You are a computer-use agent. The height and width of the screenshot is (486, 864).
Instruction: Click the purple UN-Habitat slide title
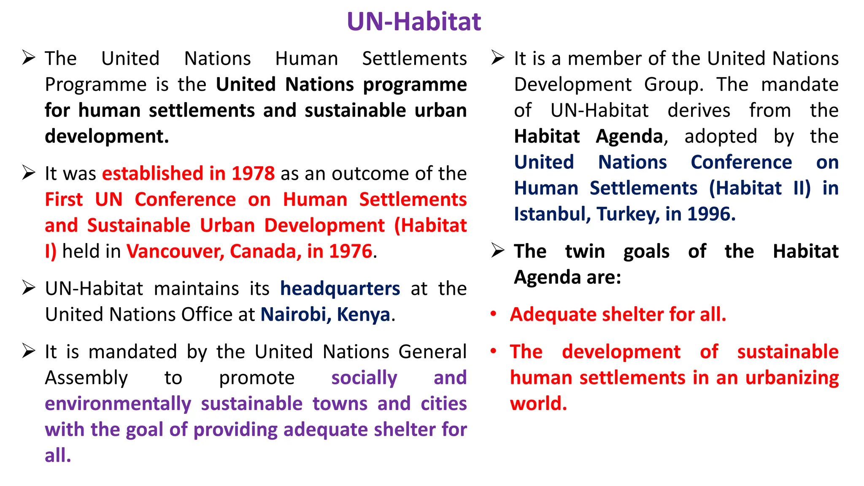413,22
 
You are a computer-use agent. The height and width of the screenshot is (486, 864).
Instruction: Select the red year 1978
253,173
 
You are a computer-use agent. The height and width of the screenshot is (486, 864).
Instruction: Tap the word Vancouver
175,251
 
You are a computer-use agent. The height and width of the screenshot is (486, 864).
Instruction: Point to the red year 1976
351,251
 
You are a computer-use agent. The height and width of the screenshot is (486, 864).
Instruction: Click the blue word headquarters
340,289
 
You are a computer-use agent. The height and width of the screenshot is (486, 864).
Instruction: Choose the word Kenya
363,315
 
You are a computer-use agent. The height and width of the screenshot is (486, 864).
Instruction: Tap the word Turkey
628,214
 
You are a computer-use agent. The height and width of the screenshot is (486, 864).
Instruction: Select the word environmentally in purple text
118,404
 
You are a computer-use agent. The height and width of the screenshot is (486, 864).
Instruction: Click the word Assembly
86,378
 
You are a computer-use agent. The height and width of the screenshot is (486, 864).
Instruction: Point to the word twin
585,251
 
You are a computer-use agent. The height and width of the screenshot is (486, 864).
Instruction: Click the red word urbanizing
792,378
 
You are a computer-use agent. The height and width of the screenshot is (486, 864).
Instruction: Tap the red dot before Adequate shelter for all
493,314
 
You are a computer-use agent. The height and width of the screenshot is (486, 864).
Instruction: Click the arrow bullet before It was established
29,173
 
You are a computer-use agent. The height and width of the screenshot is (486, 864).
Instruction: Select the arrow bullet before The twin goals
498,251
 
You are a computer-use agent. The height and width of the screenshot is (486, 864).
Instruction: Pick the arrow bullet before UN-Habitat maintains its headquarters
29,288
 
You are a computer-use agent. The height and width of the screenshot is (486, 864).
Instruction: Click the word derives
699,111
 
